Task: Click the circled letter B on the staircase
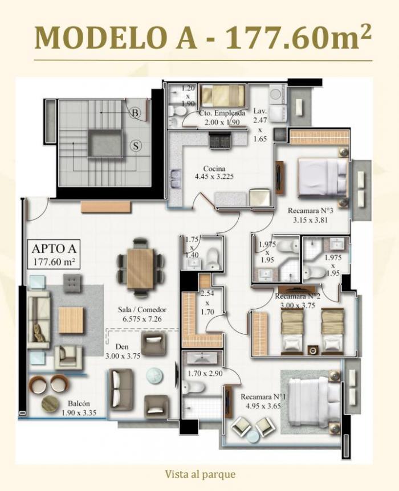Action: (135, 112)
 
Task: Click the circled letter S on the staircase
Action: (136, 146)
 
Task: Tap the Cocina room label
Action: (214, 169)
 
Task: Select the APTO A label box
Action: (54, 254)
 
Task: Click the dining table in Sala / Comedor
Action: (140, 268)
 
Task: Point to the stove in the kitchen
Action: (221, 140)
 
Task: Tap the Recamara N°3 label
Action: (310, 210)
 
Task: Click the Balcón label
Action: (79, 403)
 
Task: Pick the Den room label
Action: (122, 347)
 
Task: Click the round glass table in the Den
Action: (155, 375)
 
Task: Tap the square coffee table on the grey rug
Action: (71, 320)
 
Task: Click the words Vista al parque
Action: (200, 474)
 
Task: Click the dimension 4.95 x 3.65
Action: (263, 406)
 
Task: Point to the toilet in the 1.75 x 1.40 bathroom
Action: (213, 258)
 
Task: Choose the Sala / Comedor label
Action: (142, 310)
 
